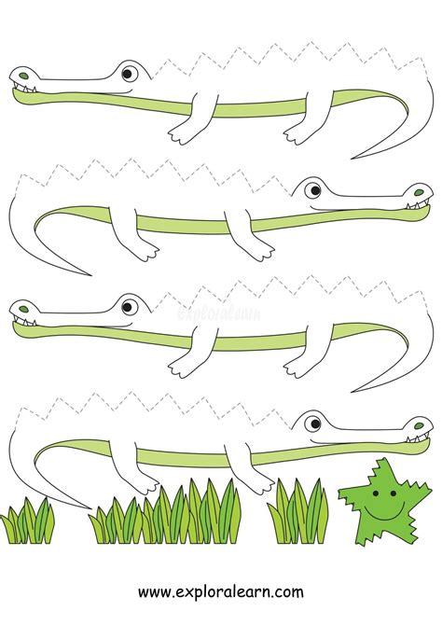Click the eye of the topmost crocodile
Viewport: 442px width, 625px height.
(x=129, y=74)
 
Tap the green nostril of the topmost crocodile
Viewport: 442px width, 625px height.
(x=24, y=76)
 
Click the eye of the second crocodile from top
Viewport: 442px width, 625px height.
(x=313, y=190)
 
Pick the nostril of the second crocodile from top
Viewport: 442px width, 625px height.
(x=419, y=192)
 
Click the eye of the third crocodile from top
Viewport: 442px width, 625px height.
(x=129, y=307)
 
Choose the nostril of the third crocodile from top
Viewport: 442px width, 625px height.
(x=24, y=309)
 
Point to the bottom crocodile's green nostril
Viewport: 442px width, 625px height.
(x=419, y=425)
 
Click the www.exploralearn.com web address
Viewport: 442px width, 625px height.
(x=221, y=591)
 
